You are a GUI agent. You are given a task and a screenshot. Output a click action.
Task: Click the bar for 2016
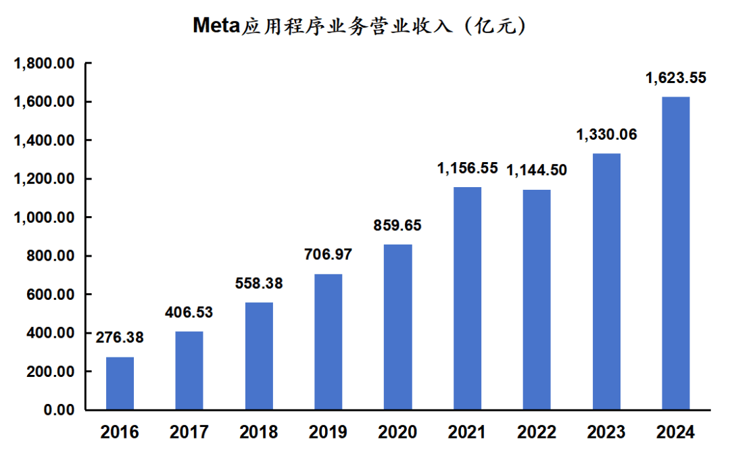tap(120, 383)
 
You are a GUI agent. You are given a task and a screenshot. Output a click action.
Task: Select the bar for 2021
tap(467, 299)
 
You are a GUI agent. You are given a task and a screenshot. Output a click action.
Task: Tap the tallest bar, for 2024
tap(675, 253)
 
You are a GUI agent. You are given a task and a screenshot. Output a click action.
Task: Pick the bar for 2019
tap(328, 342)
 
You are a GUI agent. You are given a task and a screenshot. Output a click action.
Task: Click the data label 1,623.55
tap(675, 78)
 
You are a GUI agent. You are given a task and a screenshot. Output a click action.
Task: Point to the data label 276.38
tap(120, 337)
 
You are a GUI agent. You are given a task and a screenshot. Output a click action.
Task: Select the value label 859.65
tap(397, 225)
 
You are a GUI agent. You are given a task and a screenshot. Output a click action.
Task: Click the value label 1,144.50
tap(537, 170)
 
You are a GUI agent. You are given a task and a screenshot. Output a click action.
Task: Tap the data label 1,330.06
tap(606, 134)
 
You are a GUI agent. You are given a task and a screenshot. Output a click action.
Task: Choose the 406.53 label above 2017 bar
tap(189, 312)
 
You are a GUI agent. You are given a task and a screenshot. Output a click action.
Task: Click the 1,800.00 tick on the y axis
tap(44, 64)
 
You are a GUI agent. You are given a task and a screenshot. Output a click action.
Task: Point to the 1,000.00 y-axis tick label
tap(44, 218)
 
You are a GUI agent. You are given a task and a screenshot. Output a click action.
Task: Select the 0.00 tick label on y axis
tap(59, 410)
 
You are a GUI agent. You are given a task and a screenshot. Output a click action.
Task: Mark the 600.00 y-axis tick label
tap(51, 295)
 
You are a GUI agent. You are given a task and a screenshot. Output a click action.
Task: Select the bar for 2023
tap(606, 282)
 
